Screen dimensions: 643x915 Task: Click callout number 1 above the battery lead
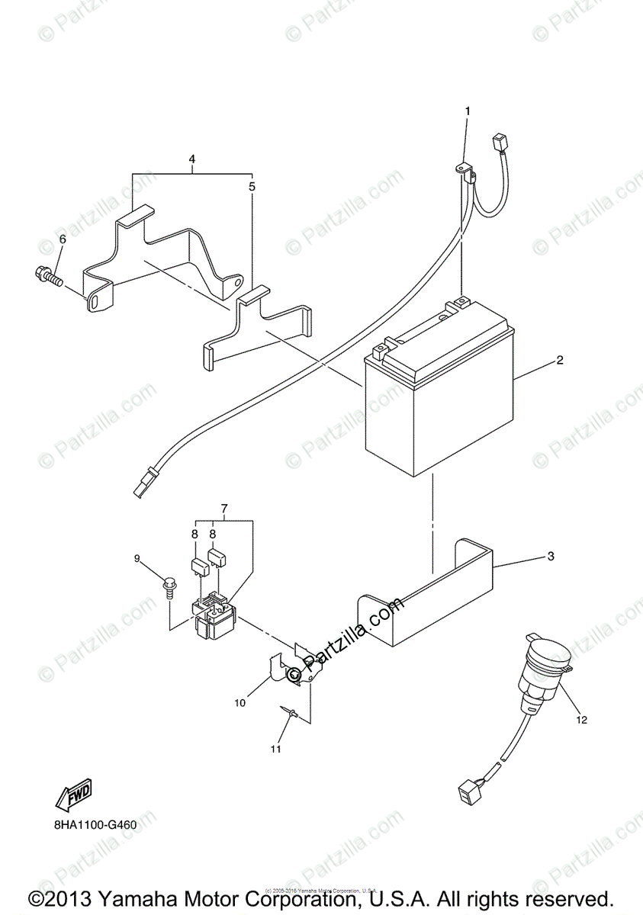[468, 111]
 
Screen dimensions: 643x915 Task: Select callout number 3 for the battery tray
[551, 557]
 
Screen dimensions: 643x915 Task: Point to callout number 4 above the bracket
[192, 159]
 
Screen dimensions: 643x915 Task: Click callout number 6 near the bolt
[63, 239]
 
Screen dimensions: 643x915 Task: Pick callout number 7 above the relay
[224, 508]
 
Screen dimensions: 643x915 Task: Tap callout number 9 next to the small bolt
[138, 559]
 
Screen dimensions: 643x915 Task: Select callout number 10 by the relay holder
[240, 703]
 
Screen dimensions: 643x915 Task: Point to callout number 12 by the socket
[582, 718]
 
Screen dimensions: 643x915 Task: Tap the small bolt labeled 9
[168, 586]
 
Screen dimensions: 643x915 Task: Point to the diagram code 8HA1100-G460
[95, 824]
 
